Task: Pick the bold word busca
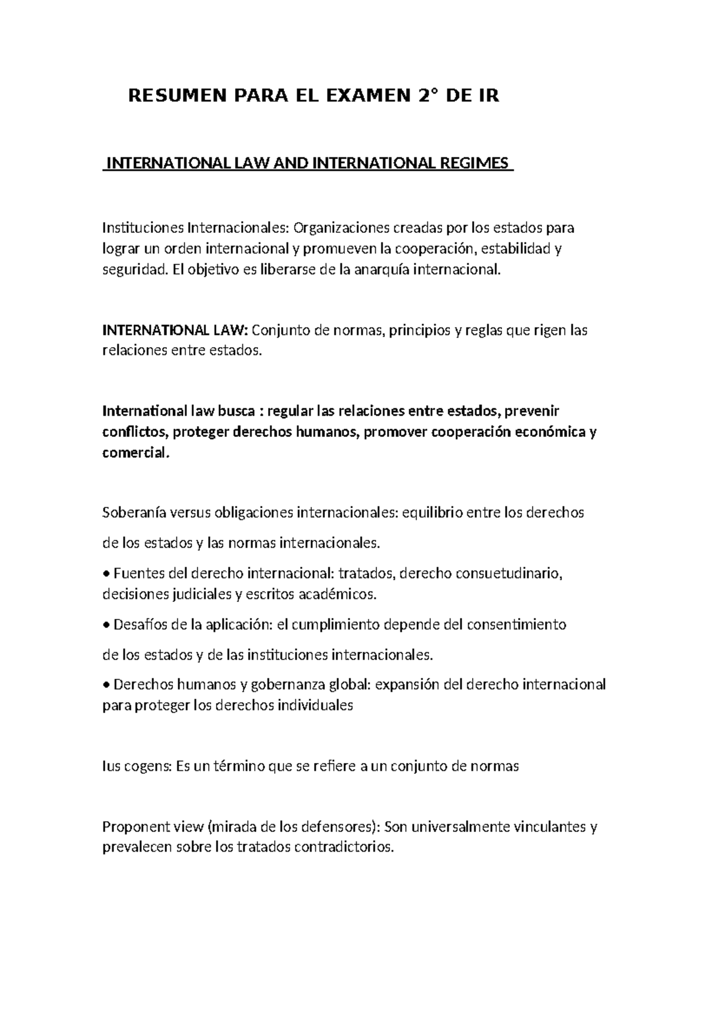235,411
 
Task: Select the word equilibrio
431,513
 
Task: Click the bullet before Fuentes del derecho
107,575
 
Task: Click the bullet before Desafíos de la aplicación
107,625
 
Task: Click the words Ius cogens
136,767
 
